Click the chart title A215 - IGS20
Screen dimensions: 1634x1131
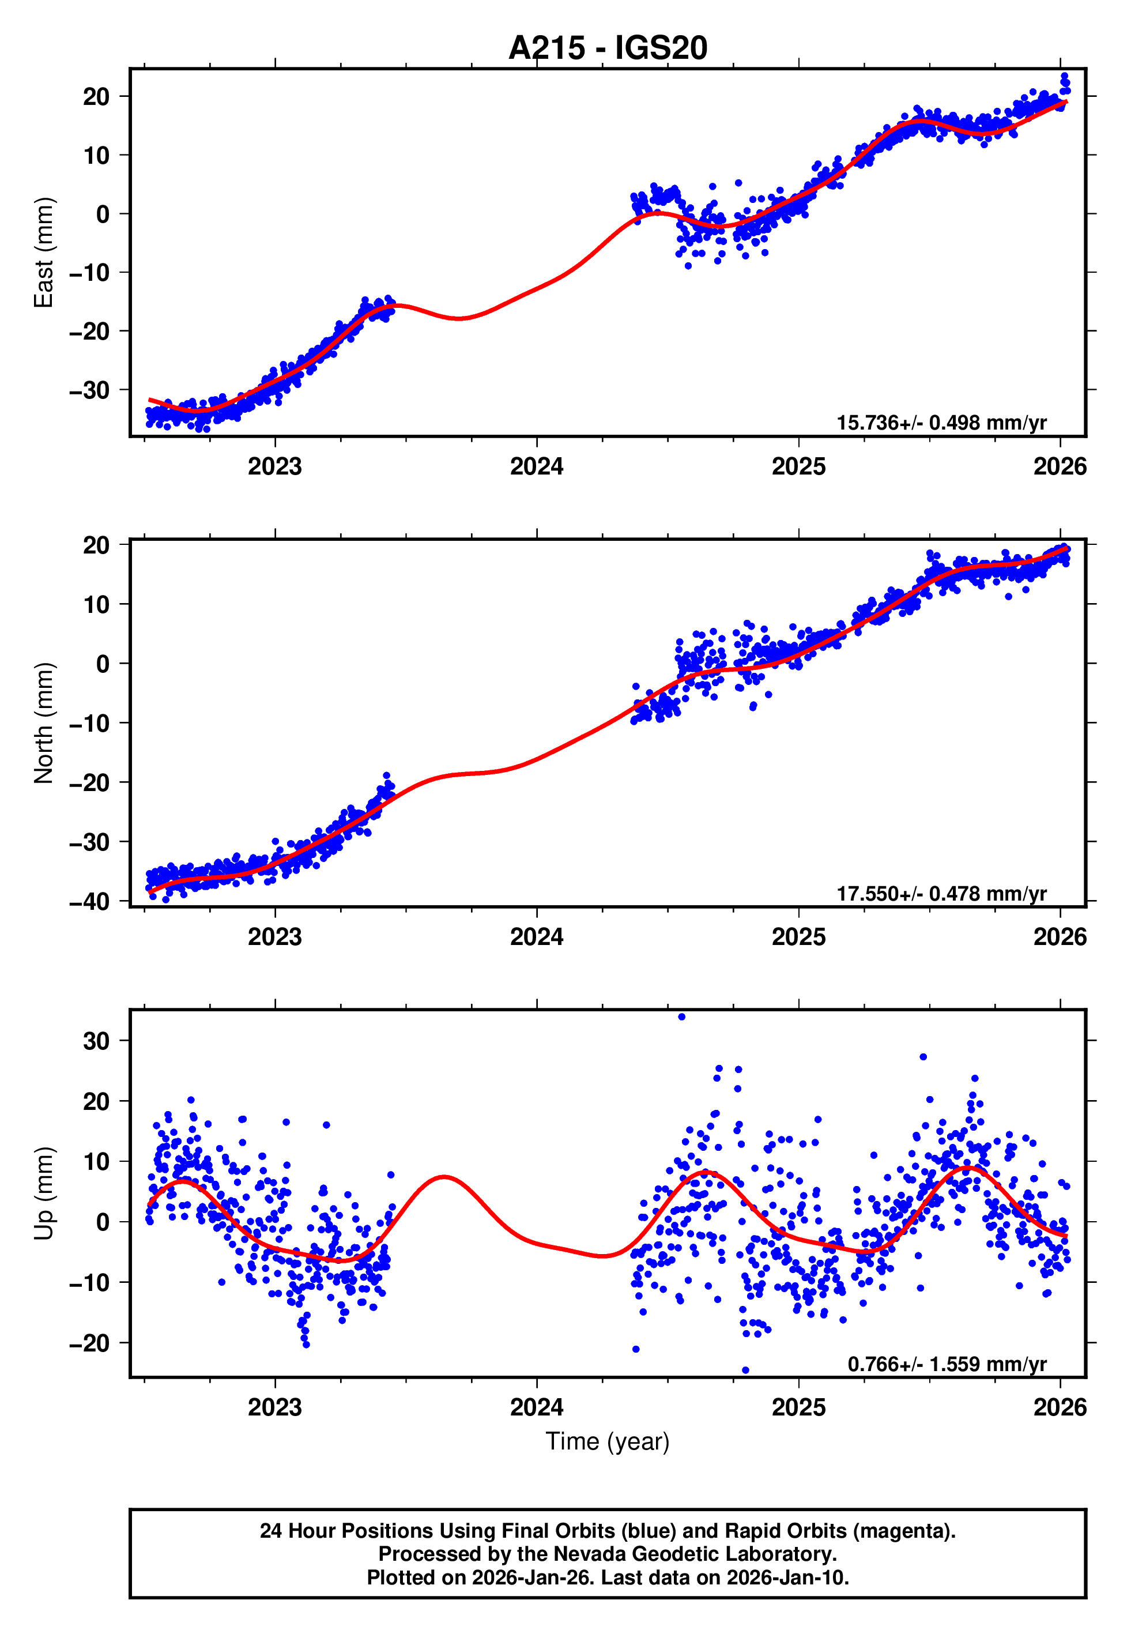(x=608, y=48)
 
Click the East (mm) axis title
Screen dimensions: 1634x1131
(x=44, y=253)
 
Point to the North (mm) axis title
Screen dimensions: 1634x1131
(x=44, y=723)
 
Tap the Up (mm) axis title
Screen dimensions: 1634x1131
(x=44, y=1194)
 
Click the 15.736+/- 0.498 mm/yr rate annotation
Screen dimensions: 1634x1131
(x=941, y=423)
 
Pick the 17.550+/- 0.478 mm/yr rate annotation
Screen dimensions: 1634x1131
(x=941, y=894)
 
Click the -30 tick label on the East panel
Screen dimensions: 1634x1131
(x=89, y=390)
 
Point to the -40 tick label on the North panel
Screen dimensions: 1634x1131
(x=89, y=902)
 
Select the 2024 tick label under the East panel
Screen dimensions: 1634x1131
(x=537, y=467)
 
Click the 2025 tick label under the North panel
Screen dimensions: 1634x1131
(x=798, y=938)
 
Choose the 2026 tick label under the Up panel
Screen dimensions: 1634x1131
(x=1060, y=1407)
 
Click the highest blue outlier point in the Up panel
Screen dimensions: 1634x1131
(x=682, y=1017)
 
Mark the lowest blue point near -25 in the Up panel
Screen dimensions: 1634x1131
(x=745, y=1371)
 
